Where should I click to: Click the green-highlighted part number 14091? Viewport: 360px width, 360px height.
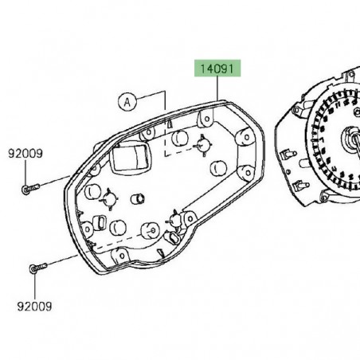(x=215, y=70)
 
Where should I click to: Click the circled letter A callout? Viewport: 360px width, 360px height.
(x=126, y=101)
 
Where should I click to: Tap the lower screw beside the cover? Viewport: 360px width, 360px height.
(x=35, y=269)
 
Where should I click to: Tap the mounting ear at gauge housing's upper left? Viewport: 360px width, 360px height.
(x=303, y=103)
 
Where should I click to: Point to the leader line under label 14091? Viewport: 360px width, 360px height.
(x=218, y=88)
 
